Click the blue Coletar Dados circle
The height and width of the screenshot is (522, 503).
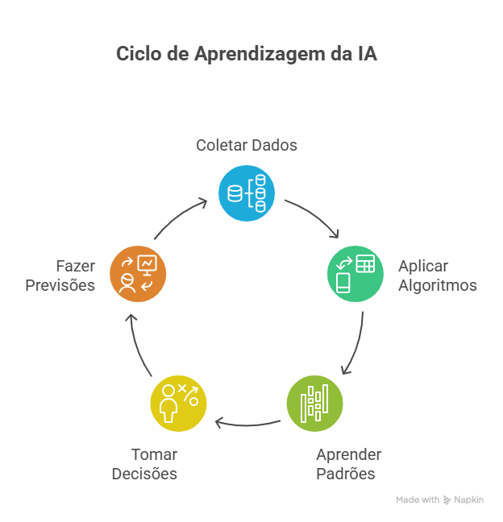tap(247, 193)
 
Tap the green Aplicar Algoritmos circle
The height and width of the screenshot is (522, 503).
tap(355, 274)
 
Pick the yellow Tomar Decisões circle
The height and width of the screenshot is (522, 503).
tap(178, 403)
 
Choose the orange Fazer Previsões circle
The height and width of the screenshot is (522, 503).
tap(137, 274)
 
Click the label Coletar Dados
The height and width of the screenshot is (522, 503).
tap(247, 146)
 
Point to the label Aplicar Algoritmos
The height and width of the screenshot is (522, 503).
tap(437, 275)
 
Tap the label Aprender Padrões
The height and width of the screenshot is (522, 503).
tap(348, 464)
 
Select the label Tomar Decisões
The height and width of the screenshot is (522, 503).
tap(145, 464)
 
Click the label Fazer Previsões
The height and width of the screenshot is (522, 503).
tap(60, 275)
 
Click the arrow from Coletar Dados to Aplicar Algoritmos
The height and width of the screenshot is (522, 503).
tap(314, 215)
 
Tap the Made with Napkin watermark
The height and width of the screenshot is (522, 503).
tap(439, 500)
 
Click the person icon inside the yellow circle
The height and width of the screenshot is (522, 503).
tap(168, 404)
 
